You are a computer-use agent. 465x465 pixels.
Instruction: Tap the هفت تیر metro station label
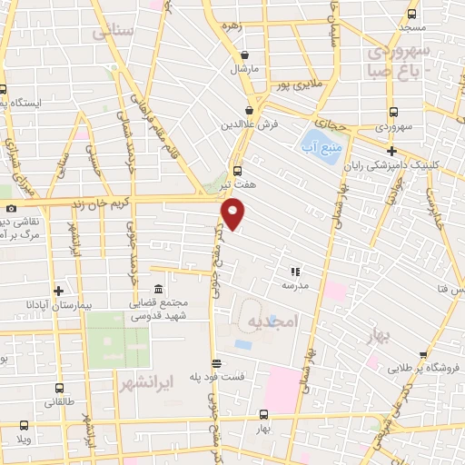pyautogui.click(x=239, y=185)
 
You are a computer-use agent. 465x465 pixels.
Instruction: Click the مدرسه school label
pyautogui.click(x=294, y=285)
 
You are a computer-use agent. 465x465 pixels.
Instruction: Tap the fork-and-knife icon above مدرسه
pyautogui.click(x=294, y=271)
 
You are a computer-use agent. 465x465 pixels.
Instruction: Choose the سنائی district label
pyautogui.click(x=114, y=33)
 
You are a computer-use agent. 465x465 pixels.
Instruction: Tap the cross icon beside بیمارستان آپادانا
pyautogui.click(x=58, y=291)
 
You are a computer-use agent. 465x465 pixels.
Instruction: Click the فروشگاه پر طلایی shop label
pyautogui.click(x=426, y=368)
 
